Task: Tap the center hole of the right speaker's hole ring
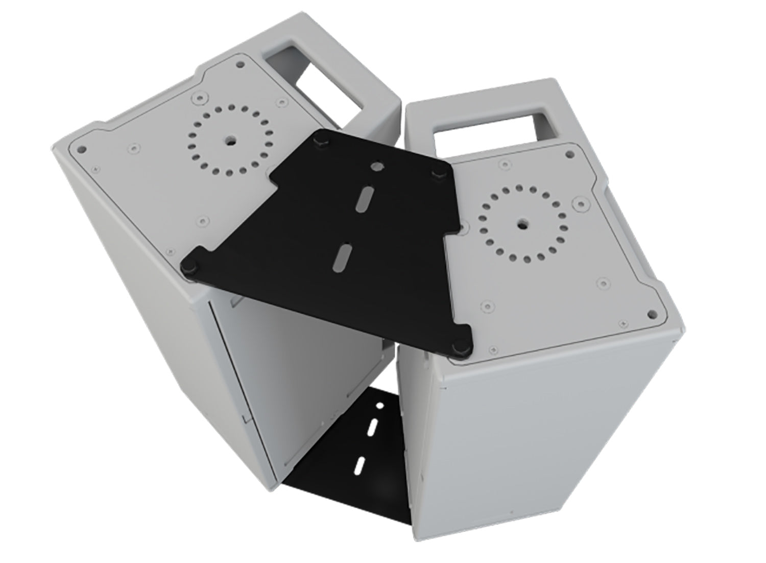point(522,223)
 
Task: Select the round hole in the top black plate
point(376,167)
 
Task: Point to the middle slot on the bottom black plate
point(373,427)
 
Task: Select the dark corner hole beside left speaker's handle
point(240,65)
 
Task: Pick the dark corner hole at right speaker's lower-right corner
point(651,313)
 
